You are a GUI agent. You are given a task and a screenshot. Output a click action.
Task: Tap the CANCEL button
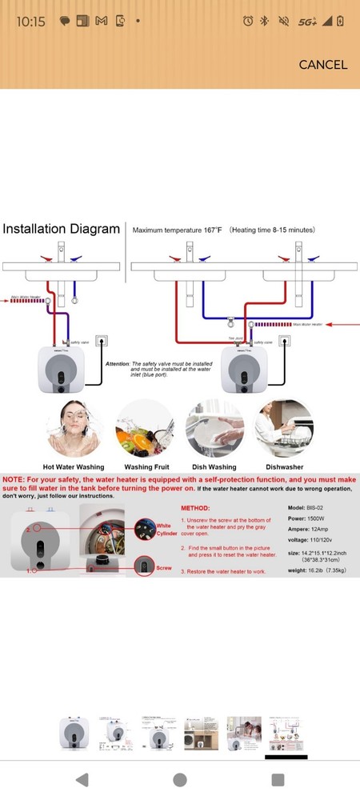coord(323,65)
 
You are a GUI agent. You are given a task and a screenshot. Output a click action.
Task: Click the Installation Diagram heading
coord(61,230)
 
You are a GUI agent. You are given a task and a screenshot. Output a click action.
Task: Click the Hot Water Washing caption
coord(74,466)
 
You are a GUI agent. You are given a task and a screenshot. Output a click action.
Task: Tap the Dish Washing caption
coord(213,466)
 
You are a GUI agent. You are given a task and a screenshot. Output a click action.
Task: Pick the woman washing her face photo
coord(74,428)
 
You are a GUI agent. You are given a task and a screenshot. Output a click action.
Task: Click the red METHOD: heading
coord(194,508)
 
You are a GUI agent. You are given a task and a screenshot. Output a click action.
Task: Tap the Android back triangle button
coord(82,779)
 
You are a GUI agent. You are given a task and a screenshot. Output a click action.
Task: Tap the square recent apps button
coord(278,779)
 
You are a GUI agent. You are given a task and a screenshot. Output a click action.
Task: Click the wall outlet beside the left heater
coord(100,342)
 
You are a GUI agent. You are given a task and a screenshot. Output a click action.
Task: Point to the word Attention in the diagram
coord(118,363)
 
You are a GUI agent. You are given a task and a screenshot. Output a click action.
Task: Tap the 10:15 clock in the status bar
coord(30,22)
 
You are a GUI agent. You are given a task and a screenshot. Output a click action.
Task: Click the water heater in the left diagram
coord(58,370)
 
